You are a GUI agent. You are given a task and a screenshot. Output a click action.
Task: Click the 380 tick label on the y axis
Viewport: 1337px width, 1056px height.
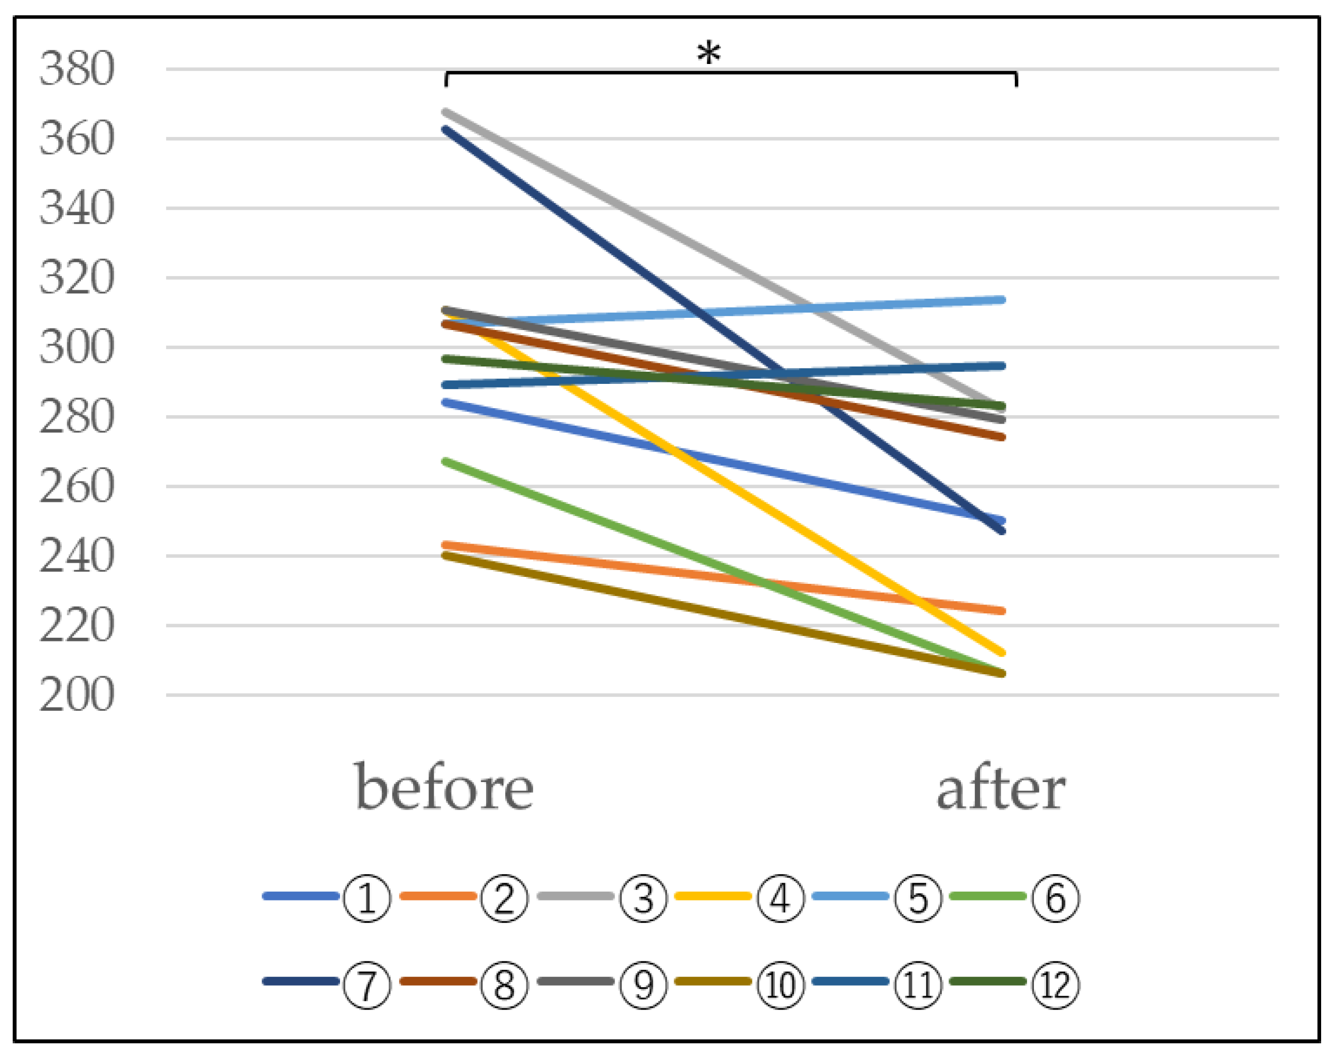pyautogui.click(x=77, y=69)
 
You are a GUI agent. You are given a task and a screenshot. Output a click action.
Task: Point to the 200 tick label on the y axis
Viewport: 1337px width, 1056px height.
pyautogui.click(x=77, y=695)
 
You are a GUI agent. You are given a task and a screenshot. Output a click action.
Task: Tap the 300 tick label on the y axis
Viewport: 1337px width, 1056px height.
pyautogui.click(x=77, y=347)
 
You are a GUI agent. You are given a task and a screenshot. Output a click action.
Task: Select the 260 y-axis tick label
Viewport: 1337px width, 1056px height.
pyautogui.click(x=77, y=486)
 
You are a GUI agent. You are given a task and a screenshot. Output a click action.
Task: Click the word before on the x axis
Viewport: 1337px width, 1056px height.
pyautogui.click(x=444, y=788)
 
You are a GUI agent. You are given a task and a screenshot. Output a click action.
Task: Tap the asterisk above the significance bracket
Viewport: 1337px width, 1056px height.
pyautogui.click(x=709, y=54)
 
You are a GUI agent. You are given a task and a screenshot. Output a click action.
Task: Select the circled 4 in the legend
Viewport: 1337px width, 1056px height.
pyautogui.click(x=781, y=898)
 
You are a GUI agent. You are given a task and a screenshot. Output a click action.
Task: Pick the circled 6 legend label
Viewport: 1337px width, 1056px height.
pyautogui.click(x=1056, y=898)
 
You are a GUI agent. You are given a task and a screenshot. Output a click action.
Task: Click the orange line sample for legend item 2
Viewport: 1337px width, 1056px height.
pyautogui.click(x=438, y=896)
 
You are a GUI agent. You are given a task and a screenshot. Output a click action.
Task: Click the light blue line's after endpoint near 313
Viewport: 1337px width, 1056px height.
pyautogui.click(x=1002, y=300)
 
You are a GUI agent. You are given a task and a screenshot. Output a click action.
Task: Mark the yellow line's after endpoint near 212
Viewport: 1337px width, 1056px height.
pyautogui.click(x=1002, y=653)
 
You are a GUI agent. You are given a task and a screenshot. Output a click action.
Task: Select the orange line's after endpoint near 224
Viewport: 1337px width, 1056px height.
pyautogui.click(x=1002, y=611)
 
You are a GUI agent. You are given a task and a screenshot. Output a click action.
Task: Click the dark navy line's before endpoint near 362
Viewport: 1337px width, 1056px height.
pyautogui.click(x=446, y=128)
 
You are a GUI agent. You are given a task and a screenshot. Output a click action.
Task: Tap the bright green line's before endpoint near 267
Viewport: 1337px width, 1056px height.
pyautogui.click(x=446, y=461)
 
